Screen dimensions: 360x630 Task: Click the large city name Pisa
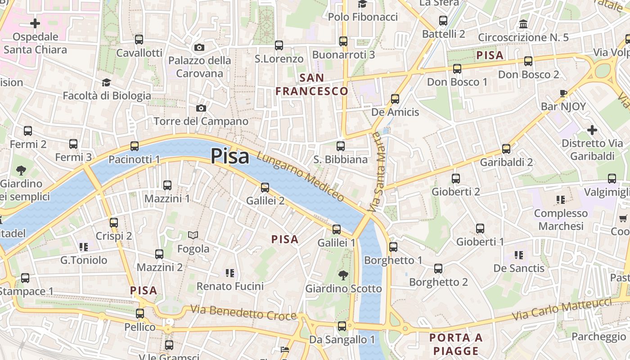click(x=229, y=156)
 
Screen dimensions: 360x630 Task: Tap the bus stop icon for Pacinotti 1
click(x=135, y=146)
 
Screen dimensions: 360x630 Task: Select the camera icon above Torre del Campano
click(x=201, y=108)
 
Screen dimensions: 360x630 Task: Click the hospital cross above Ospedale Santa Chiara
click(x=35, y=23)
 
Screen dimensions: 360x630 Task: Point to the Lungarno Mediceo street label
click(x=300, y=176)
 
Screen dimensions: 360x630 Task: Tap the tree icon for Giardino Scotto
click(x=343, y=275)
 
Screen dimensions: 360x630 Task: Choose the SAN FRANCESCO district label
click(x=312, y=85)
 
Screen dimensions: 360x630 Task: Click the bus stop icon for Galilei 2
click(x=265, y=187)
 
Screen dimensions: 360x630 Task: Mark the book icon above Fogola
click(x=193, y=235)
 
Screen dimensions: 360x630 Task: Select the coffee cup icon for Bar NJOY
click(x=563, y=93)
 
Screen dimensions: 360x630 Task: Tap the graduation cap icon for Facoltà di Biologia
click(x=106, y=82)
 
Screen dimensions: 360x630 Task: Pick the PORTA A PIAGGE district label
click(x=456, y=344)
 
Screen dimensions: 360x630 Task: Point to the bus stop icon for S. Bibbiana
click(x=341, y=146)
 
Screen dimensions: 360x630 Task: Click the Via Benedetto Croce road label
click(x=243, y=312)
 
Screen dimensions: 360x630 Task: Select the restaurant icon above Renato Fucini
click(x=230, y=273)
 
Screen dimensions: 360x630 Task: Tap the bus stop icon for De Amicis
click(x=395, y=99)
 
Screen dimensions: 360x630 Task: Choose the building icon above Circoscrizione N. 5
click(x=523, y=24)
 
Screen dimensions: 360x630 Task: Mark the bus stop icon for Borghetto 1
click(x=393, y=247)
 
